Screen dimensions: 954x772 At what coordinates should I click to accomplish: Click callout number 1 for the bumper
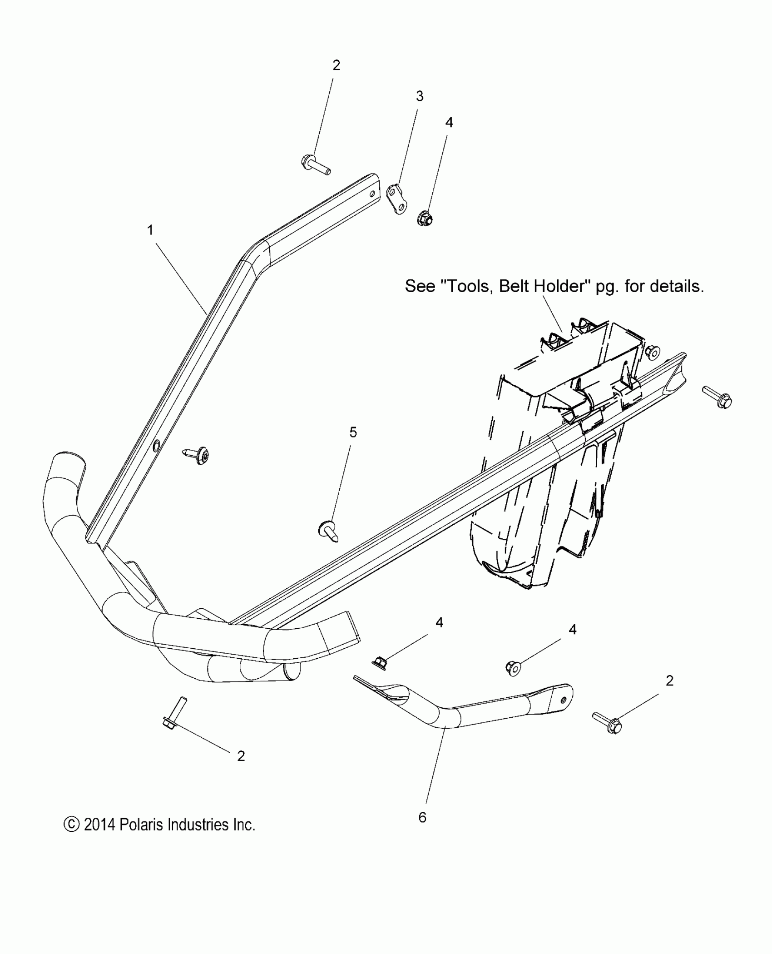(150, 230)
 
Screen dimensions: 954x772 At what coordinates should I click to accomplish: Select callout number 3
(420, 96)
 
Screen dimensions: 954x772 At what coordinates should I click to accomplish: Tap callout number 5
(353, 432)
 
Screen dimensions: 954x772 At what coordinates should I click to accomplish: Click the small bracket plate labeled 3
(396, 199)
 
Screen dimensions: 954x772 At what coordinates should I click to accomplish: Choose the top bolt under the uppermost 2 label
(315, 165)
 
